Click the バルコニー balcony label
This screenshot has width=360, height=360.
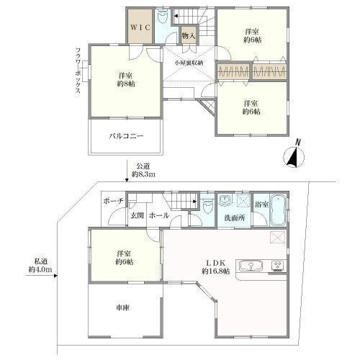pyautogui.click(x=126, y=135)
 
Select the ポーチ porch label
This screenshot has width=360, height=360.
pyautogui.click(x=114, y=201)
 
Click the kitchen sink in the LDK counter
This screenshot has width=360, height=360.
pyautogui.click(x=252, y=265)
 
